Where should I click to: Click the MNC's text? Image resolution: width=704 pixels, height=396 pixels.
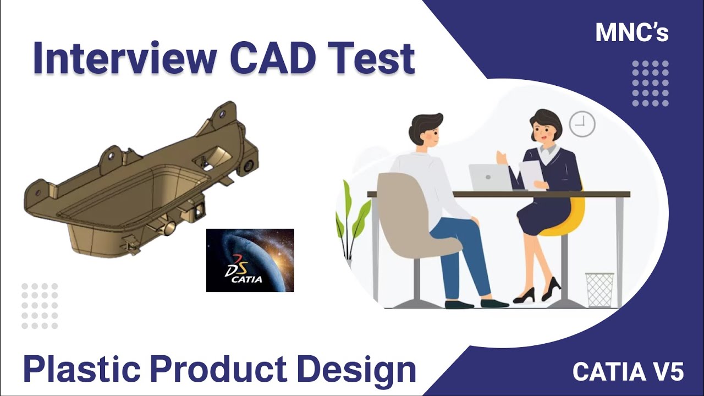pyautogui.click(x=632, y=33)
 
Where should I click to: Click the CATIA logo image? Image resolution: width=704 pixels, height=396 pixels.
pyautogui.click(x=250, y=260)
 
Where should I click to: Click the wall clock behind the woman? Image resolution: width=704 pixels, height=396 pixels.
pyautogui.click(x=581, y=124)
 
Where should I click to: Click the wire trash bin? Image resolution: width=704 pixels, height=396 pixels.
pyautogui.click(x=599, y=289)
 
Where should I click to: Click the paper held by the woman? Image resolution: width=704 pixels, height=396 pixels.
pyautogui.click(x=531, y=173)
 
